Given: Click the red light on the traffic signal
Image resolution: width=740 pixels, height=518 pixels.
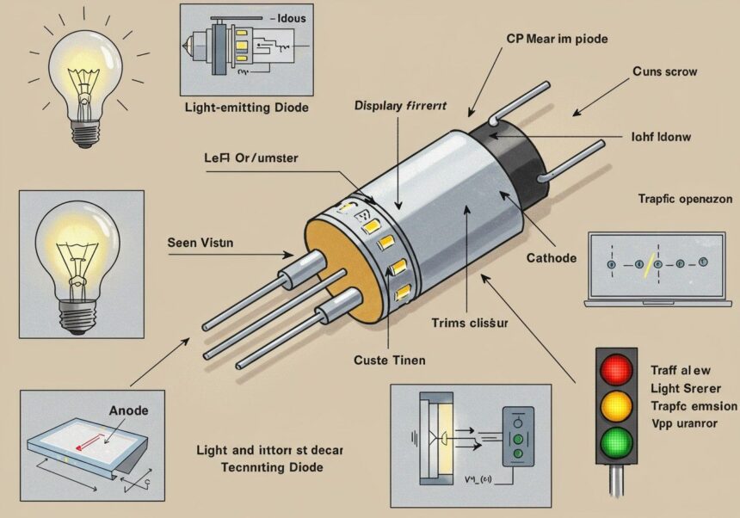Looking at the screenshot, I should (615, 372).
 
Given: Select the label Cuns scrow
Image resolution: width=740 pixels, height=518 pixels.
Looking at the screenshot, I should (664, 71).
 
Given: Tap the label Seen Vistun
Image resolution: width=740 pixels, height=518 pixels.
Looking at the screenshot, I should (201, 243).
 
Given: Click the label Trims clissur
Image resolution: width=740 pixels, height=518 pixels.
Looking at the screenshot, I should (470, 323).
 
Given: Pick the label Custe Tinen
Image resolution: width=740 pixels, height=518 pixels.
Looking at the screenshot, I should (389, 360).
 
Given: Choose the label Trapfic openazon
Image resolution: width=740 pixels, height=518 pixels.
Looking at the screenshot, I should (685, 199).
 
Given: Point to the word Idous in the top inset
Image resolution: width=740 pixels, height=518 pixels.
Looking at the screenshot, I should (287, 17).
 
